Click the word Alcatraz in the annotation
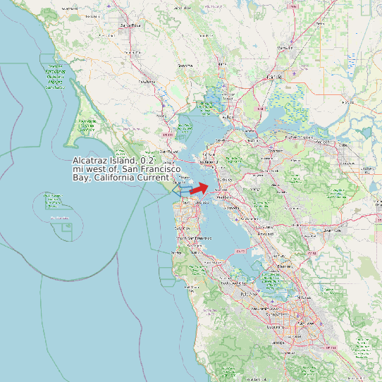(x=90, y=161)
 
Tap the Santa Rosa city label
(x=126, y=25)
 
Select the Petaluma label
(x=147, y=82)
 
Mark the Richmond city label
(x=209, y=162)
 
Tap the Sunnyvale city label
(x=271, y=309)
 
